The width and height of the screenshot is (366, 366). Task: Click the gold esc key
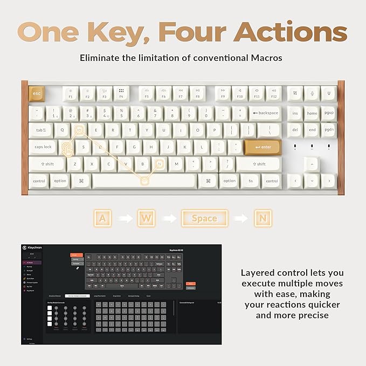point(37,94)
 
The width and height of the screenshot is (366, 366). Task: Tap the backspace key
point(265,113)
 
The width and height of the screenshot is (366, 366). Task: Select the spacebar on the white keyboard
point(144,181)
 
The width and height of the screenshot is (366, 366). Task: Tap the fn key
point(251,181)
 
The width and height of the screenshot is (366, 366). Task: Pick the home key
point(312,113)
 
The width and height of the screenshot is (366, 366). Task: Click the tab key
point(40,130)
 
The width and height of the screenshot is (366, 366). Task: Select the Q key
point(62,130)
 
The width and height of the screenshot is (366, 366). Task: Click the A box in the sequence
point(102,218)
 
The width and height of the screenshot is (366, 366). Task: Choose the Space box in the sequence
point(204,218)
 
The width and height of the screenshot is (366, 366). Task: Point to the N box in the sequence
point(263,218)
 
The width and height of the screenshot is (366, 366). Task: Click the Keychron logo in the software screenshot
point(34,248)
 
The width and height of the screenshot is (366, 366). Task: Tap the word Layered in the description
point(260,272)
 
